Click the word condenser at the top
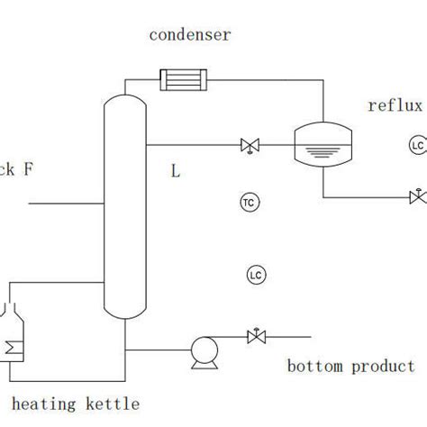point(189,36)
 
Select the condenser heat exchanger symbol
point(184,81)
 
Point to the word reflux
point(395,106)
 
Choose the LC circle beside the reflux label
point(416,145)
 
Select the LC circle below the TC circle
point(255,274)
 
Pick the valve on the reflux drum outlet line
point(417,196)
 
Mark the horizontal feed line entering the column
point(68,205)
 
